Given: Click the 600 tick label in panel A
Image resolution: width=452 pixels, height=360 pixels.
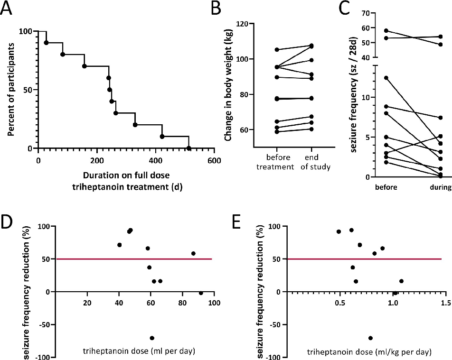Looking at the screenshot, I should click(x=214, y=160).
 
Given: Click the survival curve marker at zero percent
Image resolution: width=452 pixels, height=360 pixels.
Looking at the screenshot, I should click(x=188, y=148).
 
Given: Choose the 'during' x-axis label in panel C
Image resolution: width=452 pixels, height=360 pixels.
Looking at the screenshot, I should click(x=440, y=187).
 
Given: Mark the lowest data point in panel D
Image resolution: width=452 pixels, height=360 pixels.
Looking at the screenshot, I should click(x=152, y=338).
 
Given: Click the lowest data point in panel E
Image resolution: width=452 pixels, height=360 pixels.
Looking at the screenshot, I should click(x=370, y=338).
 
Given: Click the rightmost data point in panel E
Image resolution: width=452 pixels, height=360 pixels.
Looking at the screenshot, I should click(x=401, y=281).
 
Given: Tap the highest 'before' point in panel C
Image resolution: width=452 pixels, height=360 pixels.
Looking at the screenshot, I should click(x=374, y=31).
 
